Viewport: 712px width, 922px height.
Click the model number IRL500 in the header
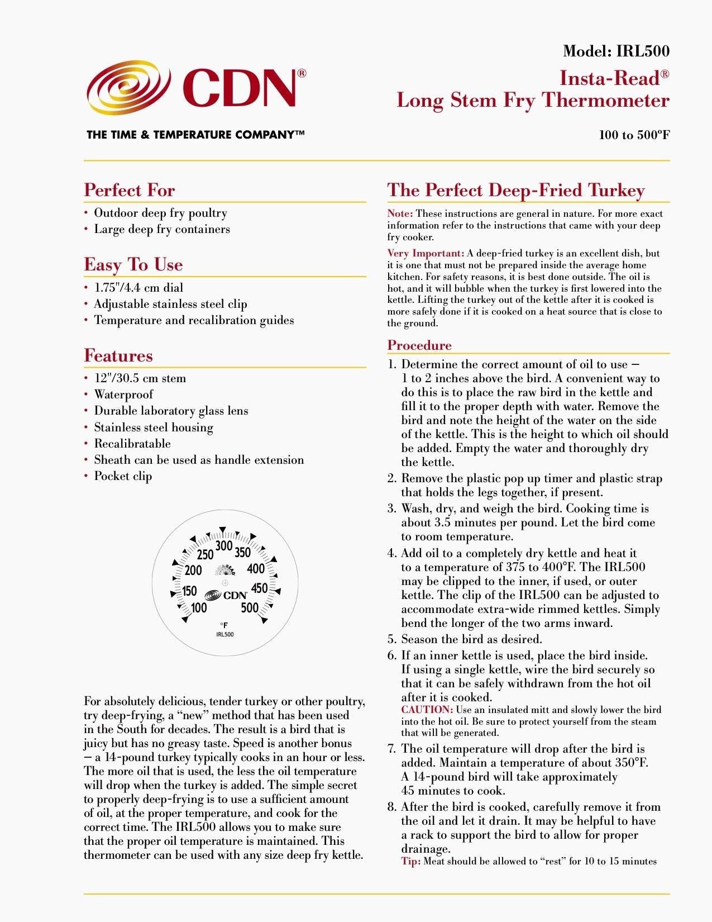coord(642,51)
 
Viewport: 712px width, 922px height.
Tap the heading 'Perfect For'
coord(130,190)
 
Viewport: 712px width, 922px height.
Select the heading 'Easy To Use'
coord(133,264)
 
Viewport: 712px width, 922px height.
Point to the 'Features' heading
coord(118,355)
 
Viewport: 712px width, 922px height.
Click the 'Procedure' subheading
coord(419,345)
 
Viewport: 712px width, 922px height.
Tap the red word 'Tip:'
coord(410,861)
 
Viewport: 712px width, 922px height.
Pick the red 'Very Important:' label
coord(426,253)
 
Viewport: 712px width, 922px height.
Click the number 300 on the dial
coord(224,546)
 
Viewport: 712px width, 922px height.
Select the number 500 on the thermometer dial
coord(249,608)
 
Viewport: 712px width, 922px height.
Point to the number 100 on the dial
coord(199,608)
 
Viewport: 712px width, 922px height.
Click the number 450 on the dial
coord(259,588)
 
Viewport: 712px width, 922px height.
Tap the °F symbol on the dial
coord(224,625)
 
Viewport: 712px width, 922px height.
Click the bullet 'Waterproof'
coord(123,395)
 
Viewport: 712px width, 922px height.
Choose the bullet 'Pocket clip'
coord(123,476)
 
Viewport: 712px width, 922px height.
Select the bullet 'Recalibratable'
coord(132,444)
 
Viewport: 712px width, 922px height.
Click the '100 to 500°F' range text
coord(634,135)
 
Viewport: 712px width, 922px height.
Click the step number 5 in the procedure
coord(391,639)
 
